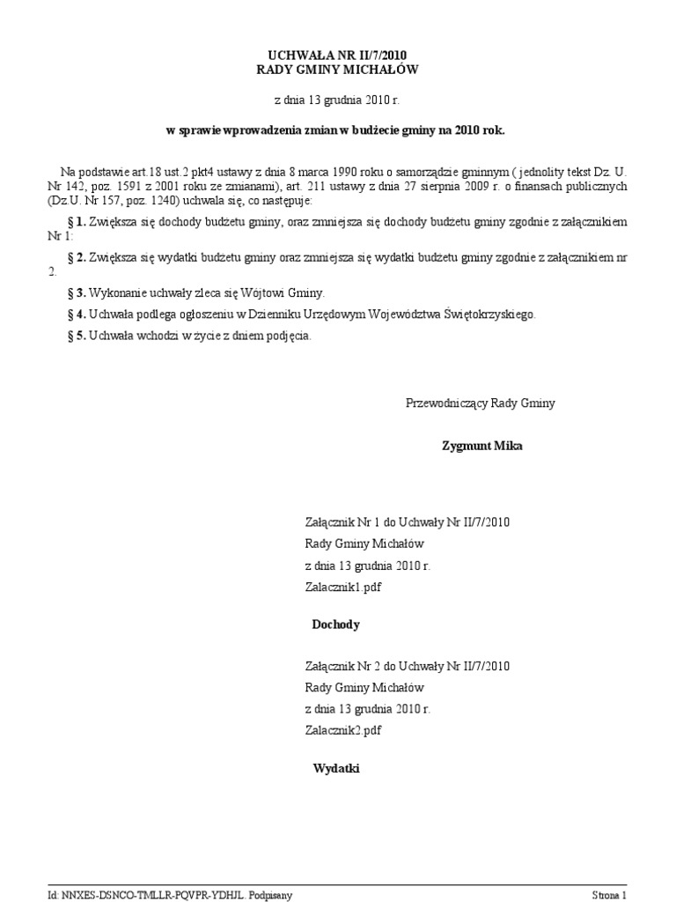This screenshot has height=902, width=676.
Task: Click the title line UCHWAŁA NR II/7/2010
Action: [338, 55]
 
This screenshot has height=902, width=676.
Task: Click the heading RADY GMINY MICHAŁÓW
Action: [338, 70]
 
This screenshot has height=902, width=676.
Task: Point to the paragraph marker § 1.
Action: [76, 221]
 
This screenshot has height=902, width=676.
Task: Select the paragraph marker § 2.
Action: [76, 257]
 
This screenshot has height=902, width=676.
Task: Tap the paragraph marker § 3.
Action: [76, 292]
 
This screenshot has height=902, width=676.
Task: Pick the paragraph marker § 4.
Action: [76, 314]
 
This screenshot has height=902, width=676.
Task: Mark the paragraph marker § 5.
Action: [76, 335]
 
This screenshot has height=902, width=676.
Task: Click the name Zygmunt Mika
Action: [481, 446]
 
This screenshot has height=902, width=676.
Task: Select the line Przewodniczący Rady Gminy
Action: [480, 403]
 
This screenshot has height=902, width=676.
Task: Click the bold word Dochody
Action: [335, 625]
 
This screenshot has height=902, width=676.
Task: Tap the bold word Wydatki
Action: [336, 769]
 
